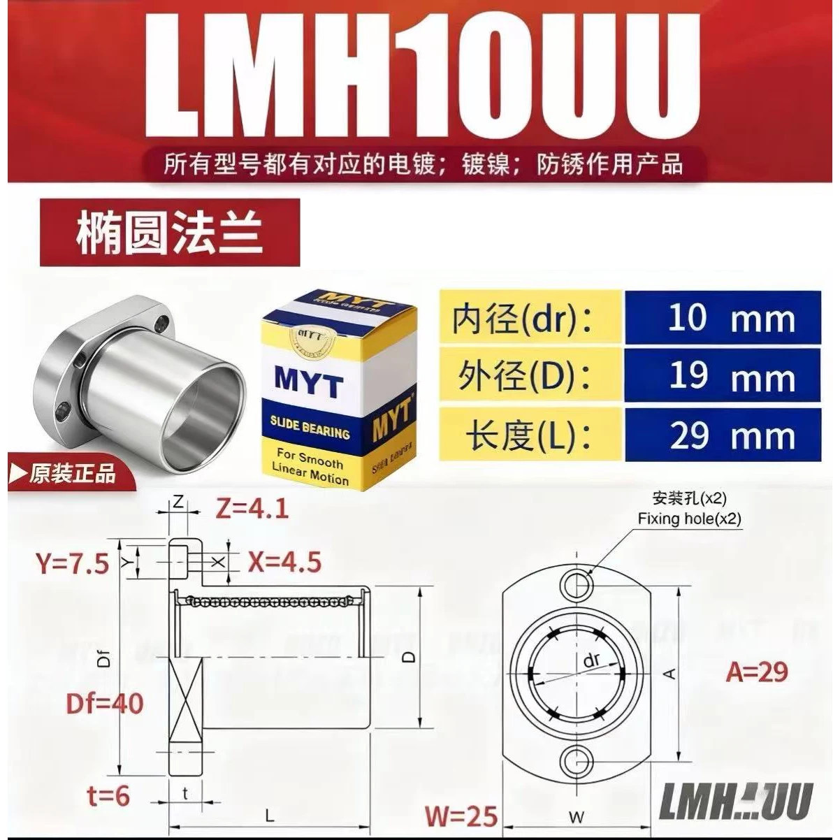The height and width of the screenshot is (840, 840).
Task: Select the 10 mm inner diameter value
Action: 730,319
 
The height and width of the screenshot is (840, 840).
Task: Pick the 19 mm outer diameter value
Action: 730,377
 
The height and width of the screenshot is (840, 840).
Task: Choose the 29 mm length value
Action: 730,435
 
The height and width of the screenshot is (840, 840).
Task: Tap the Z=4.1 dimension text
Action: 252,508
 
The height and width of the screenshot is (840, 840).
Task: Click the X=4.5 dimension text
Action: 284,562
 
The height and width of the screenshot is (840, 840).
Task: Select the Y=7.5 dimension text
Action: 73,563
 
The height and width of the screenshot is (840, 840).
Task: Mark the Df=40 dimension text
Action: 105,702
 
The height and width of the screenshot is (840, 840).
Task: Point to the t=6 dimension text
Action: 109,795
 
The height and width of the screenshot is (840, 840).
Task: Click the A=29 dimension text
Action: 756,672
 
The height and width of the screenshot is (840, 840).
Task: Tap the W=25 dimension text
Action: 462,816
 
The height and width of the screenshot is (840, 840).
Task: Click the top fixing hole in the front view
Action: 577,583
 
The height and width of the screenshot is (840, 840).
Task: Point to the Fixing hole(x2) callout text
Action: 689,519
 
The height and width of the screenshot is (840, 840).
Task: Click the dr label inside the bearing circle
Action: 591,662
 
